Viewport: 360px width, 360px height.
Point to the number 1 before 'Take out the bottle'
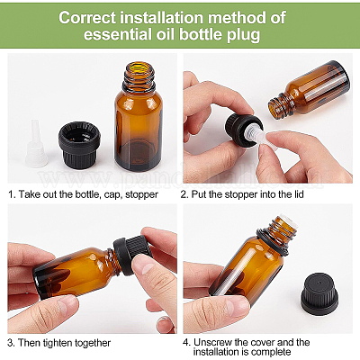pos(10,194)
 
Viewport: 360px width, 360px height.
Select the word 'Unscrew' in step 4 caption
pos(216,342)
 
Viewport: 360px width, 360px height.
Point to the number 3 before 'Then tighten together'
pos(10,342)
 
